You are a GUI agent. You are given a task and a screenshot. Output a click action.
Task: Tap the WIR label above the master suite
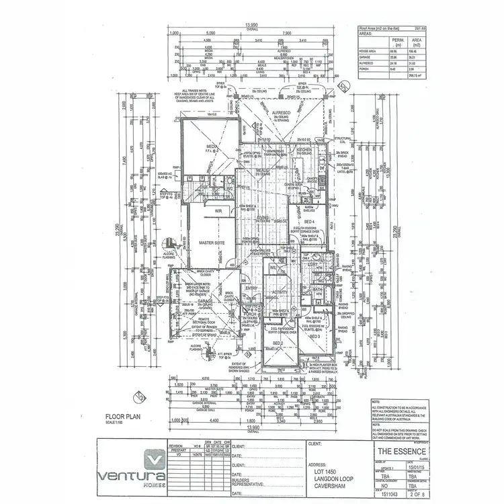coord(218,211)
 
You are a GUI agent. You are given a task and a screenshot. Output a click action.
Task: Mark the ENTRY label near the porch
coord(251,288)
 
